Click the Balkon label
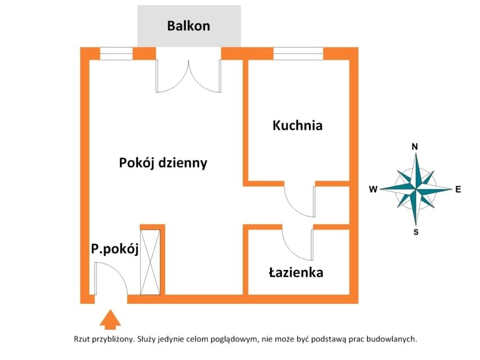[189, 26]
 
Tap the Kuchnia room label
[298, 125]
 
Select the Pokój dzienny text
[163, 163]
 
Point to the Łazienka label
[296, 272]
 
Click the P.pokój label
[115, 249]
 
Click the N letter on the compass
[415, 147]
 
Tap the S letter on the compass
[416, 232]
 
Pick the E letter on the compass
[458, 190]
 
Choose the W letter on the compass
[373, 190]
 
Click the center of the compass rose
[416, 189]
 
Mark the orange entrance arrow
[110, 319]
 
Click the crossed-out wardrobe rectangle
[150, 262]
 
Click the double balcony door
[189, 76]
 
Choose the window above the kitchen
[298, 53]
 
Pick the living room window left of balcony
[116, 53]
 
